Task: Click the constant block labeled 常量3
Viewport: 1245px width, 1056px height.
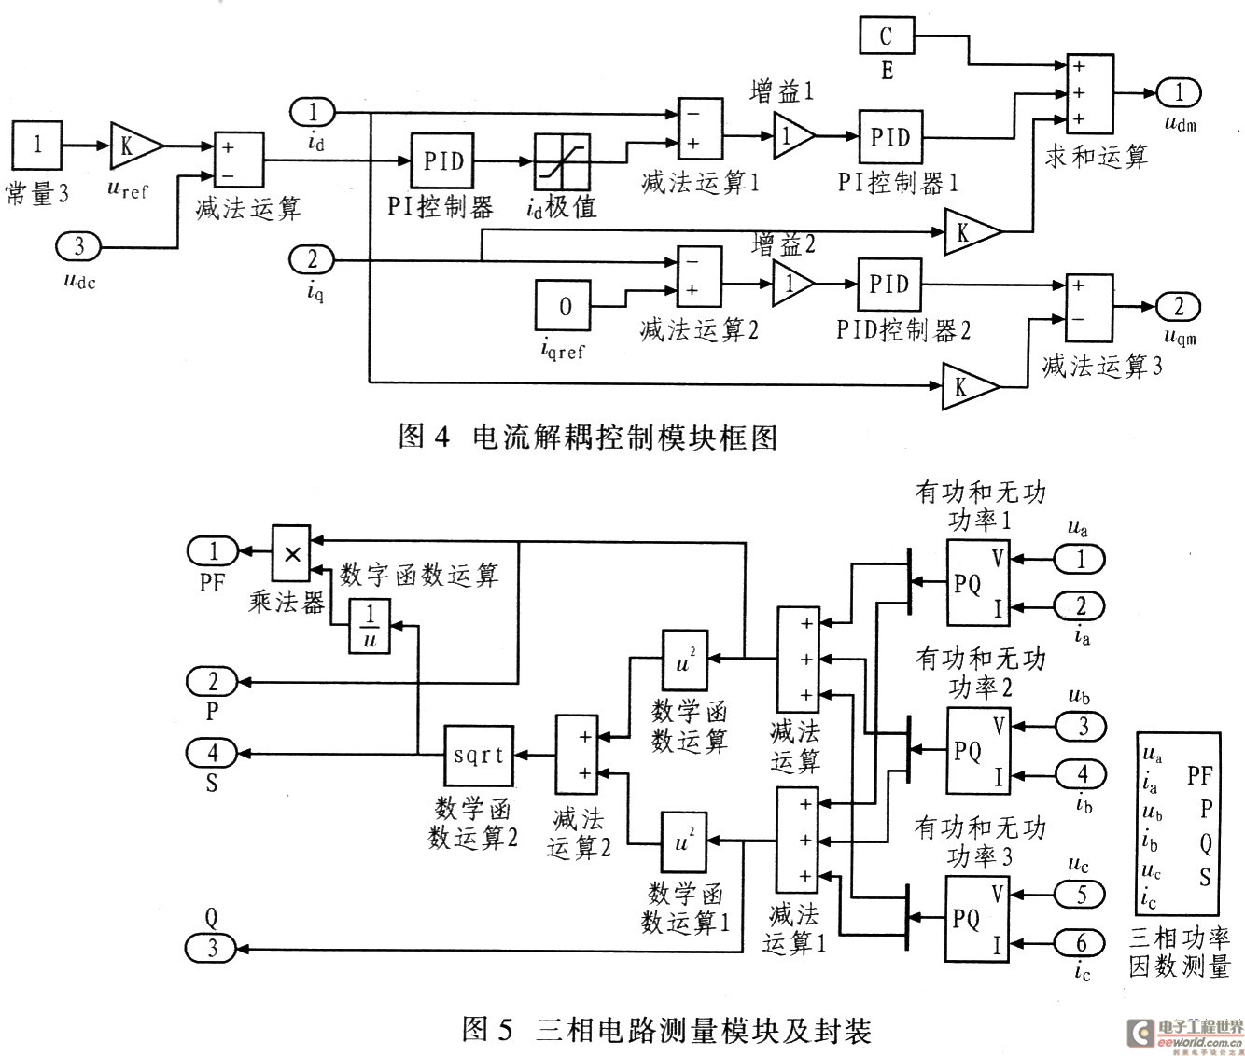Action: (36, 146)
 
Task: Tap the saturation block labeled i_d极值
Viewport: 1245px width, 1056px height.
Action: (563, 162)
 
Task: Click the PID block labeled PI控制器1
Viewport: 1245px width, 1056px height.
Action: (890, 137)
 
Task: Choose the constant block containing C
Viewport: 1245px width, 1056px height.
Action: (887, 35)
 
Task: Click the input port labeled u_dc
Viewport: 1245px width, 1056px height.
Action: (78, 247)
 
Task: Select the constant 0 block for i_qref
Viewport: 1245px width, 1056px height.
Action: (563, 306)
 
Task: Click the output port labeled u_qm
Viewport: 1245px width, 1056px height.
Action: (1178, 306)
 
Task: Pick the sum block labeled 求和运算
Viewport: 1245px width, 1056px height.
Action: (1090, 93)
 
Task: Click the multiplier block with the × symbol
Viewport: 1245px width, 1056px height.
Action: (291, 553)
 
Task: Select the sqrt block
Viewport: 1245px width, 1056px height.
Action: (479, 756)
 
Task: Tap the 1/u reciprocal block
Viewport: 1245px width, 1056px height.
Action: (370, 626)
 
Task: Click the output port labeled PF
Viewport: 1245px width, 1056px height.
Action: (213, 550)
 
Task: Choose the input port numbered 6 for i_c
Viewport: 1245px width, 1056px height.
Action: (1080, 942)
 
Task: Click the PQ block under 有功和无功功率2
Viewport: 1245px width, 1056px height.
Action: (978, 750)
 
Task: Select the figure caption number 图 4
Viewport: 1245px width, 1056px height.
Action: (424, 436)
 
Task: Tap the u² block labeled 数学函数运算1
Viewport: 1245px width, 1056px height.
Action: (684, 843)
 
